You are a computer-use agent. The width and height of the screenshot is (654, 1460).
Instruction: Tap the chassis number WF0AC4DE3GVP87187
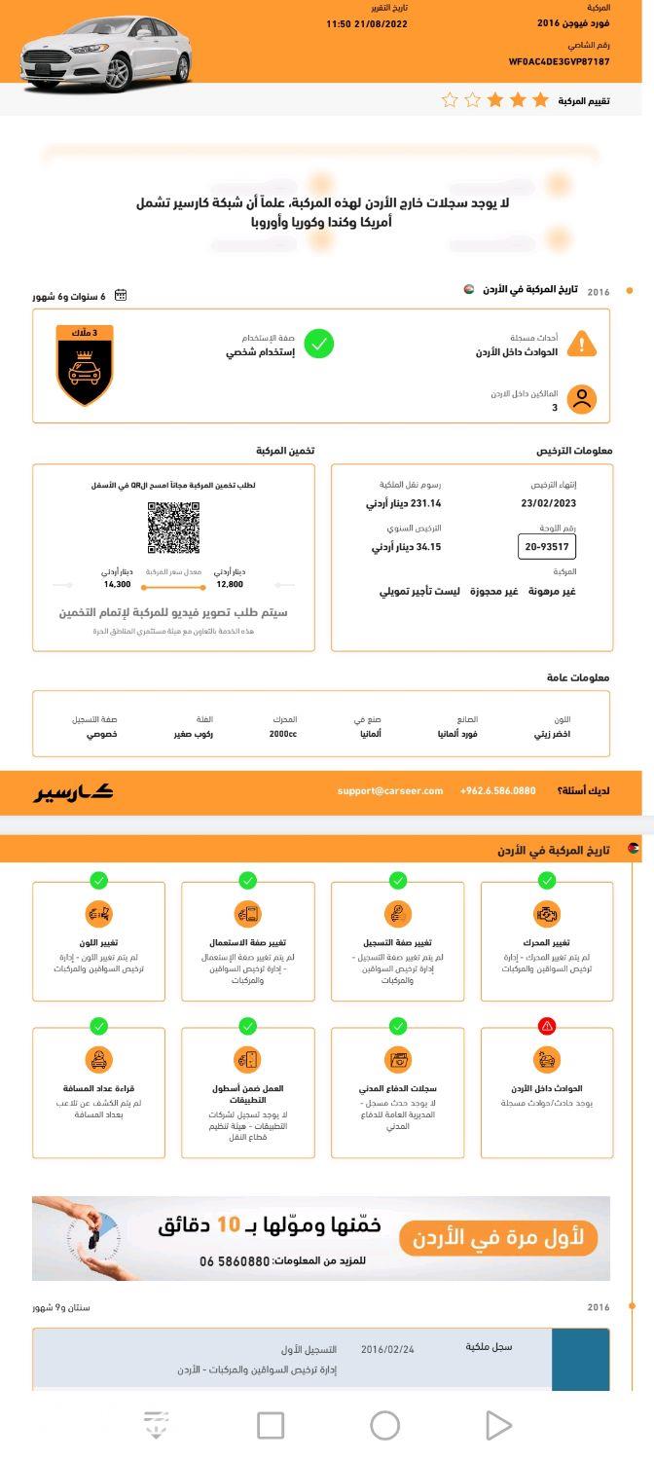pyautogui.click(x=559, y=61)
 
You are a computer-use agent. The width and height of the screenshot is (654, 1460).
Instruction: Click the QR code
pyautogui.click(x=173, y=528)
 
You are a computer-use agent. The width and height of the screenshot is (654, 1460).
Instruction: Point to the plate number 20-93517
pyautogui.click(x=547, y=546)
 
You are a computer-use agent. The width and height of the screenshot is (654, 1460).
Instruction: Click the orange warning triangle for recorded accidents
pyautogui.click(x=581, y=344)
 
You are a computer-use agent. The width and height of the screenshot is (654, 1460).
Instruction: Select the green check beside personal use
pyautogui.click(x=318, y=344)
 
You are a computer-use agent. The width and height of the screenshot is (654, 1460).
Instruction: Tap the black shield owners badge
pyautogui.click(x=85, y=366)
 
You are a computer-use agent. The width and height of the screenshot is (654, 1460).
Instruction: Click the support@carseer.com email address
pyautogui.click(x=390, y=790)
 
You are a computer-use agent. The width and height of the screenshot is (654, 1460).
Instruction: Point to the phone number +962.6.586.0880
pyautogui.click(x=497, y=790)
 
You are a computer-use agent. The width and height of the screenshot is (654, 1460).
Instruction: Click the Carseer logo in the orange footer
pyautogui.click(x=75, y=791)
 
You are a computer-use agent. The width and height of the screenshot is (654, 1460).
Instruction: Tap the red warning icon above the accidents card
pyautogui.click(x=547, y=1026)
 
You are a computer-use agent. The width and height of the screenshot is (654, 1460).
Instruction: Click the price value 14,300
pyautogui.click(x=117, y=584)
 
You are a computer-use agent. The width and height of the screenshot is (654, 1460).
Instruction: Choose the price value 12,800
pyautogui.click(x=230, y=584)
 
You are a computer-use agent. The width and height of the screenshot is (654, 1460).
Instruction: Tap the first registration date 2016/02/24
pyautogui.click(x=387, y=1349)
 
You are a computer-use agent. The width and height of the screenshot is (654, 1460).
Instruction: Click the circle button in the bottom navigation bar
pyautogui.click(x=384, y=1425)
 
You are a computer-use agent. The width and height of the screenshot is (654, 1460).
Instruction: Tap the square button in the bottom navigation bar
pyautogui.click(x=271, y=1425)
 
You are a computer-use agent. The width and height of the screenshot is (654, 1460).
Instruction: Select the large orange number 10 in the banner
pyautogui.click(x=228, y=1224)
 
